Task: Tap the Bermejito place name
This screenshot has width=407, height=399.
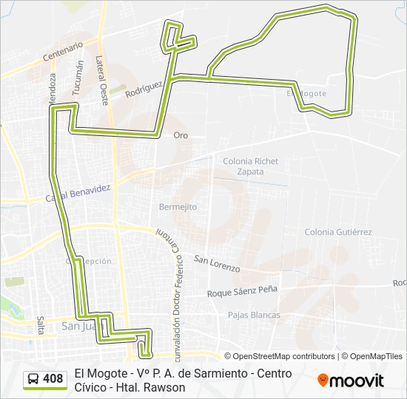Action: [178, 207]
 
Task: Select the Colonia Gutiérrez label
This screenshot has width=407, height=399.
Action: [338, 231]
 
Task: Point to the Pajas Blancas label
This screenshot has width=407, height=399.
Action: [254, 315]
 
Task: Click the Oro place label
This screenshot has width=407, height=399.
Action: [181, 135]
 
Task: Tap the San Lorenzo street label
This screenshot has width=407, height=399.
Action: [217, 262]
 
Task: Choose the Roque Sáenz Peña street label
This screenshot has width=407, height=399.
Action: [242, 290]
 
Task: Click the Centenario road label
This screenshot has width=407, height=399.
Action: [63, 50]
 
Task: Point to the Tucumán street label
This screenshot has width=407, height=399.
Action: [78, 76]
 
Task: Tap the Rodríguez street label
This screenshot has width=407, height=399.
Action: [144, 89]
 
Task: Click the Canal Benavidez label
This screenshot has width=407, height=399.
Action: [78, 194]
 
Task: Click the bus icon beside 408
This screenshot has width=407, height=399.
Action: [33, 380]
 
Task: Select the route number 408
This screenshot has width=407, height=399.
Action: [53, 379]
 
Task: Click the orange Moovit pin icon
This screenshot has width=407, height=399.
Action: [323, 381]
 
